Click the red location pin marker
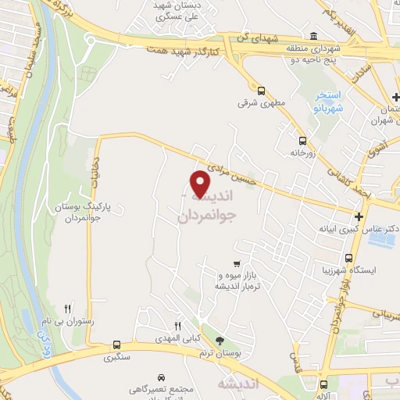click(202, 185)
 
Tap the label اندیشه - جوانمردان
click(205, 209)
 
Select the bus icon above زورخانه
click(302, 141)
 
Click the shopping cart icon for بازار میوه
click(236, 264)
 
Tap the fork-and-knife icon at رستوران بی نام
click(68, 309)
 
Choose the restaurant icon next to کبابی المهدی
click(177, 326)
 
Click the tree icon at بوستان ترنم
click(220, 340)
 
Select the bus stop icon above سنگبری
click(116, 345)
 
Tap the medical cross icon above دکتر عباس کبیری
click(358, 216)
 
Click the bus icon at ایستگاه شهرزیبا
click(348, 257)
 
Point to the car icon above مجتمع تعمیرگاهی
click(161, 375)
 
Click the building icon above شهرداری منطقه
click(313, 36)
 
